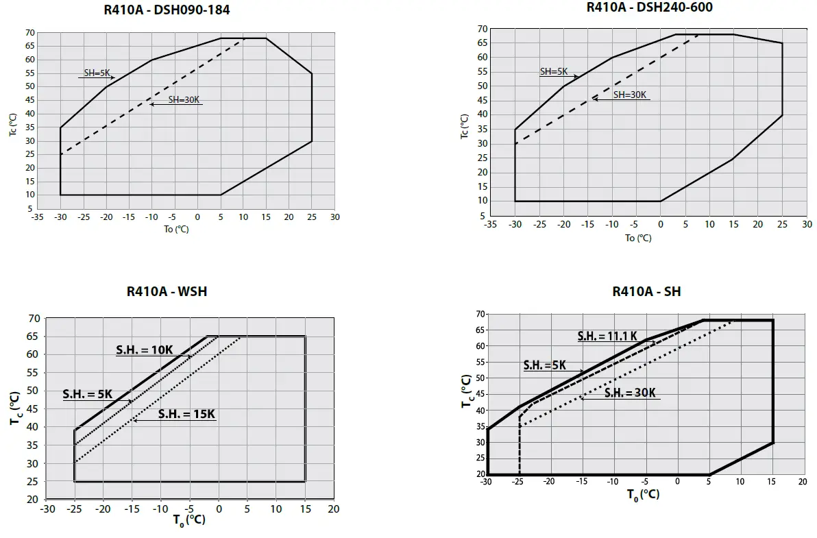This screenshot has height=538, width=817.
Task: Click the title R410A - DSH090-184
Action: [167, 10]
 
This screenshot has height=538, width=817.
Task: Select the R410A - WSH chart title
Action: [167, 291]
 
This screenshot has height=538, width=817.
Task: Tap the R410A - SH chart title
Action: [646, 292]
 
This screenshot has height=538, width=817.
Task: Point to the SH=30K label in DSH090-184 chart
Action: [184, 100]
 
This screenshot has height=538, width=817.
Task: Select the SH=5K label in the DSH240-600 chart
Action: [554, 71]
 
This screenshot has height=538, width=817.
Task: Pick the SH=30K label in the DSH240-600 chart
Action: [630, 95]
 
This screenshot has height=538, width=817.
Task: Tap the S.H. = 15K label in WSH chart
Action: [186, 414]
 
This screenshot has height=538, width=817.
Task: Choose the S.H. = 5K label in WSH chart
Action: [88, 394]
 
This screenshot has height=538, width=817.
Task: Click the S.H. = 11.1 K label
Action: [607, 337]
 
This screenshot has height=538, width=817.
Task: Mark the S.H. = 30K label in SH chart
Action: [631, 393]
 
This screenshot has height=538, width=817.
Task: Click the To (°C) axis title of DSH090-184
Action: [176, 230]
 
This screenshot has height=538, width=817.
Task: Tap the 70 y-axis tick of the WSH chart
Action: [34, 319]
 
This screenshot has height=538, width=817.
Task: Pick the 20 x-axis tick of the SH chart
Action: [802, 482]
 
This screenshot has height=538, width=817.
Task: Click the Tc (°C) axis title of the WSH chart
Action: [16, 409]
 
